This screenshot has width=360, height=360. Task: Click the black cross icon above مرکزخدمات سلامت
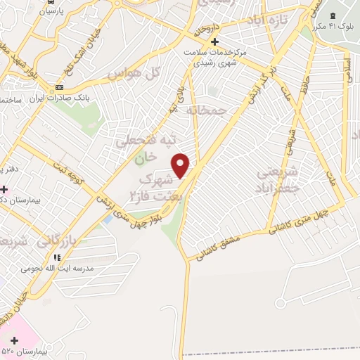tap(215, 41)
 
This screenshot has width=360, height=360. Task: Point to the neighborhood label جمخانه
tap(207, 110)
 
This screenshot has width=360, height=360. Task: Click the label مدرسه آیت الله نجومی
tap(52, 268)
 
